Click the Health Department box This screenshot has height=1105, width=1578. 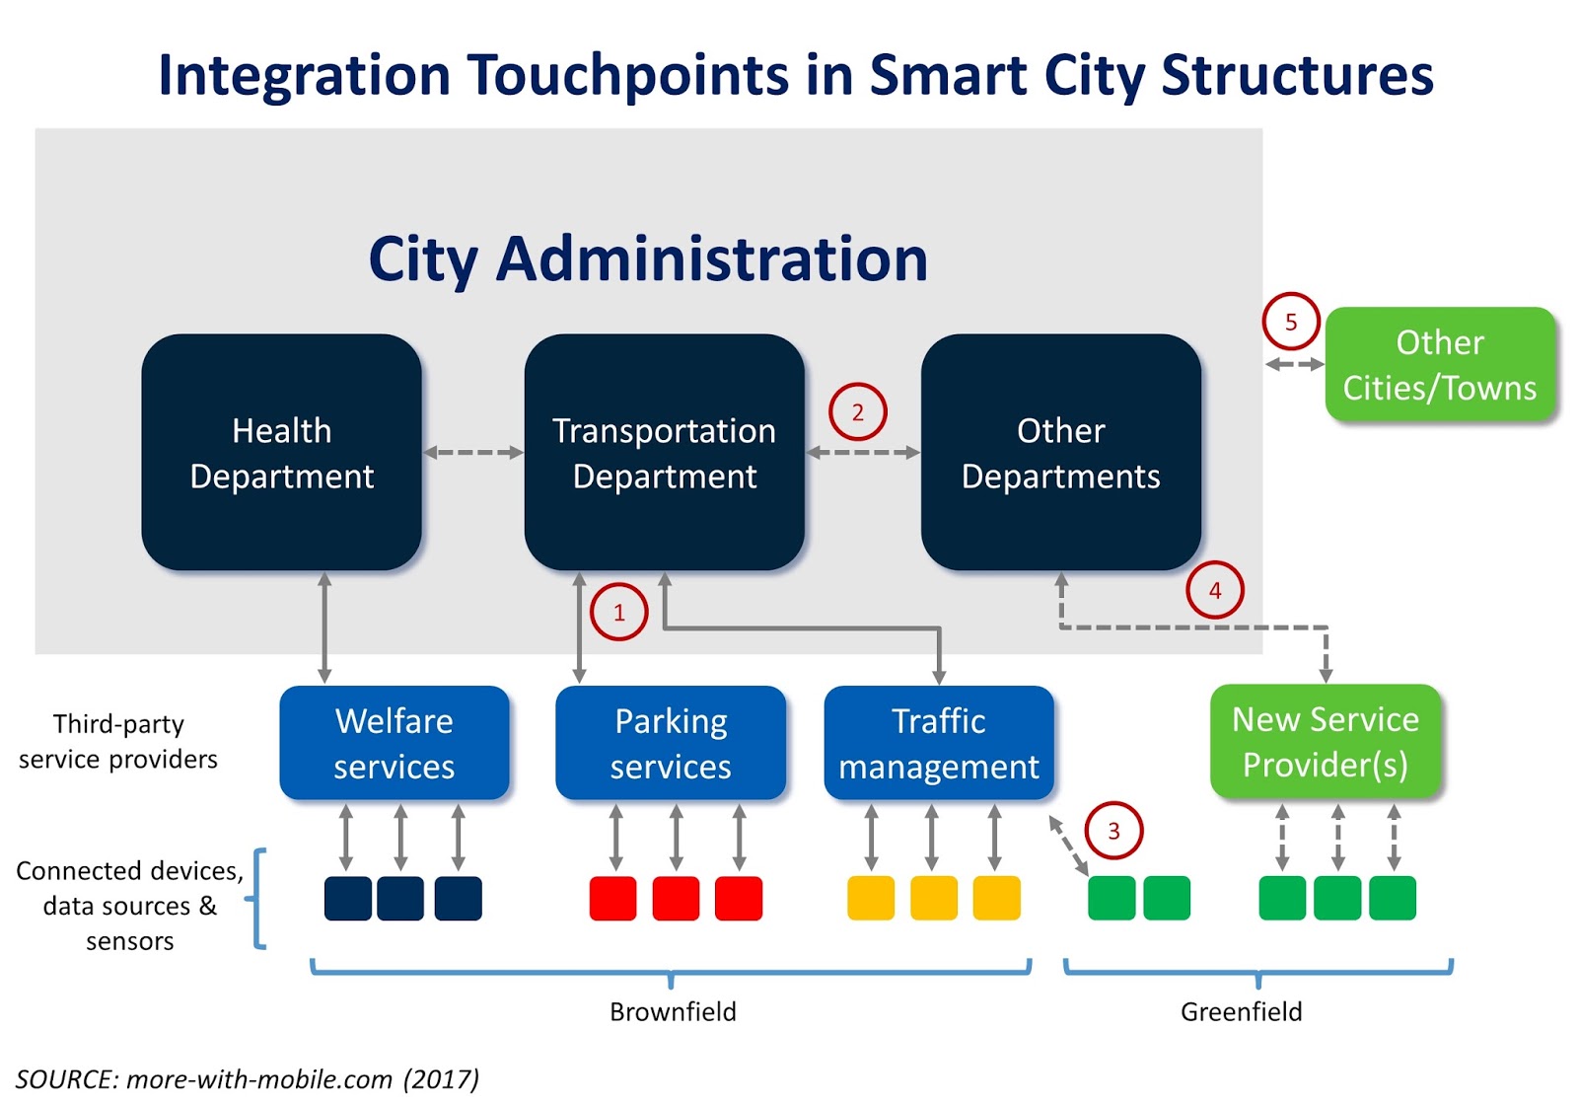(281, 452)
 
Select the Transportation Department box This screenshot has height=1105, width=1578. (664, 452)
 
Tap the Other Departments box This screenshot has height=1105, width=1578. (1060, 452)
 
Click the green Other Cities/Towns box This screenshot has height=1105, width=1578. (1439, 364)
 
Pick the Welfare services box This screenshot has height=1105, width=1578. (394, 743)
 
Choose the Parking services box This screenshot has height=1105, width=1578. (671, 743)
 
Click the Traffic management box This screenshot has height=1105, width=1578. (938, 743)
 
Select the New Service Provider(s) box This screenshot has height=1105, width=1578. (1325, 741)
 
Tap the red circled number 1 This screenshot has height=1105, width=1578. (618, 612)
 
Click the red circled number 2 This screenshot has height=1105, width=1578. (857, 411)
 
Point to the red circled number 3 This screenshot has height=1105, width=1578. (1113, 831)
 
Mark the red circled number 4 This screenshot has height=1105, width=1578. (1214, 590)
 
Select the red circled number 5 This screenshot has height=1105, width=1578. (1290, 322)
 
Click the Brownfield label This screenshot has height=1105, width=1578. (673, 1011)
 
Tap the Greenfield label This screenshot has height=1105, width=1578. (1241, 1011)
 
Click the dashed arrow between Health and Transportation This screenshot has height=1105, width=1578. (473, 452)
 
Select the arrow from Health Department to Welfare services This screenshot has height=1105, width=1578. (324, 627)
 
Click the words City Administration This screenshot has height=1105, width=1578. (648, 258)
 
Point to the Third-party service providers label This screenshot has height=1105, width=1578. (118, 741)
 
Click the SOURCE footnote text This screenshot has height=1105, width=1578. (247, 1078)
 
